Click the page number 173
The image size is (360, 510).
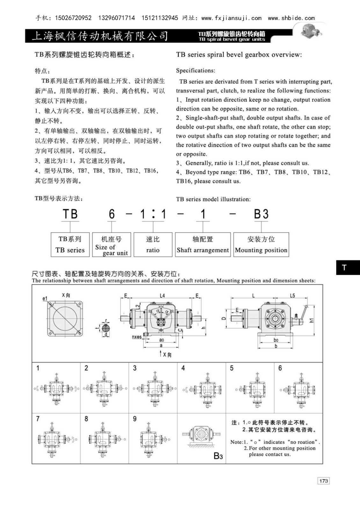pyautogui.click(x=323, y=481)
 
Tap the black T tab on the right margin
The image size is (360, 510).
pyautogui.click(x=348, y=267)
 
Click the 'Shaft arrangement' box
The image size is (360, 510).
pyautogui.click(x=203, y=244)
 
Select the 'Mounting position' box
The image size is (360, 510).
pyautogui.click(x=261, y=244)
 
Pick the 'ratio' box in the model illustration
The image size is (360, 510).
pyautogui.click(x=153, y=244)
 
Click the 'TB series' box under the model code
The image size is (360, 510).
pyautogui.click(x=70, y=244)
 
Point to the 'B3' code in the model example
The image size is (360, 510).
pyautogui.click(x=261, y=214)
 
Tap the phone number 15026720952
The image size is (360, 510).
pyautogui.click(x=73, y=18)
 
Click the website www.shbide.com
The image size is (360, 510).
pyautogui.click(x=291, y=18)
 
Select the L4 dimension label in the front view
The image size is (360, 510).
pyautogui.click(x=162, y=295)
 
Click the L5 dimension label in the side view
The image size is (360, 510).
pyautogui.click(x=292, y=295)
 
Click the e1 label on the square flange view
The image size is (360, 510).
pyautogui.click(x=45, y=299)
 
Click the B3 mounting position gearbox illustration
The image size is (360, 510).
pyautogui.click(x=200, y=435)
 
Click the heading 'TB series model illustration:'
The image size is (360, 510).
pyautogui.click(x=213, y=199)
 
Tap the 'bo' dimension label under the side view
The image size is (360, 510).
pyautogui.click(x=276, y=340)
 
